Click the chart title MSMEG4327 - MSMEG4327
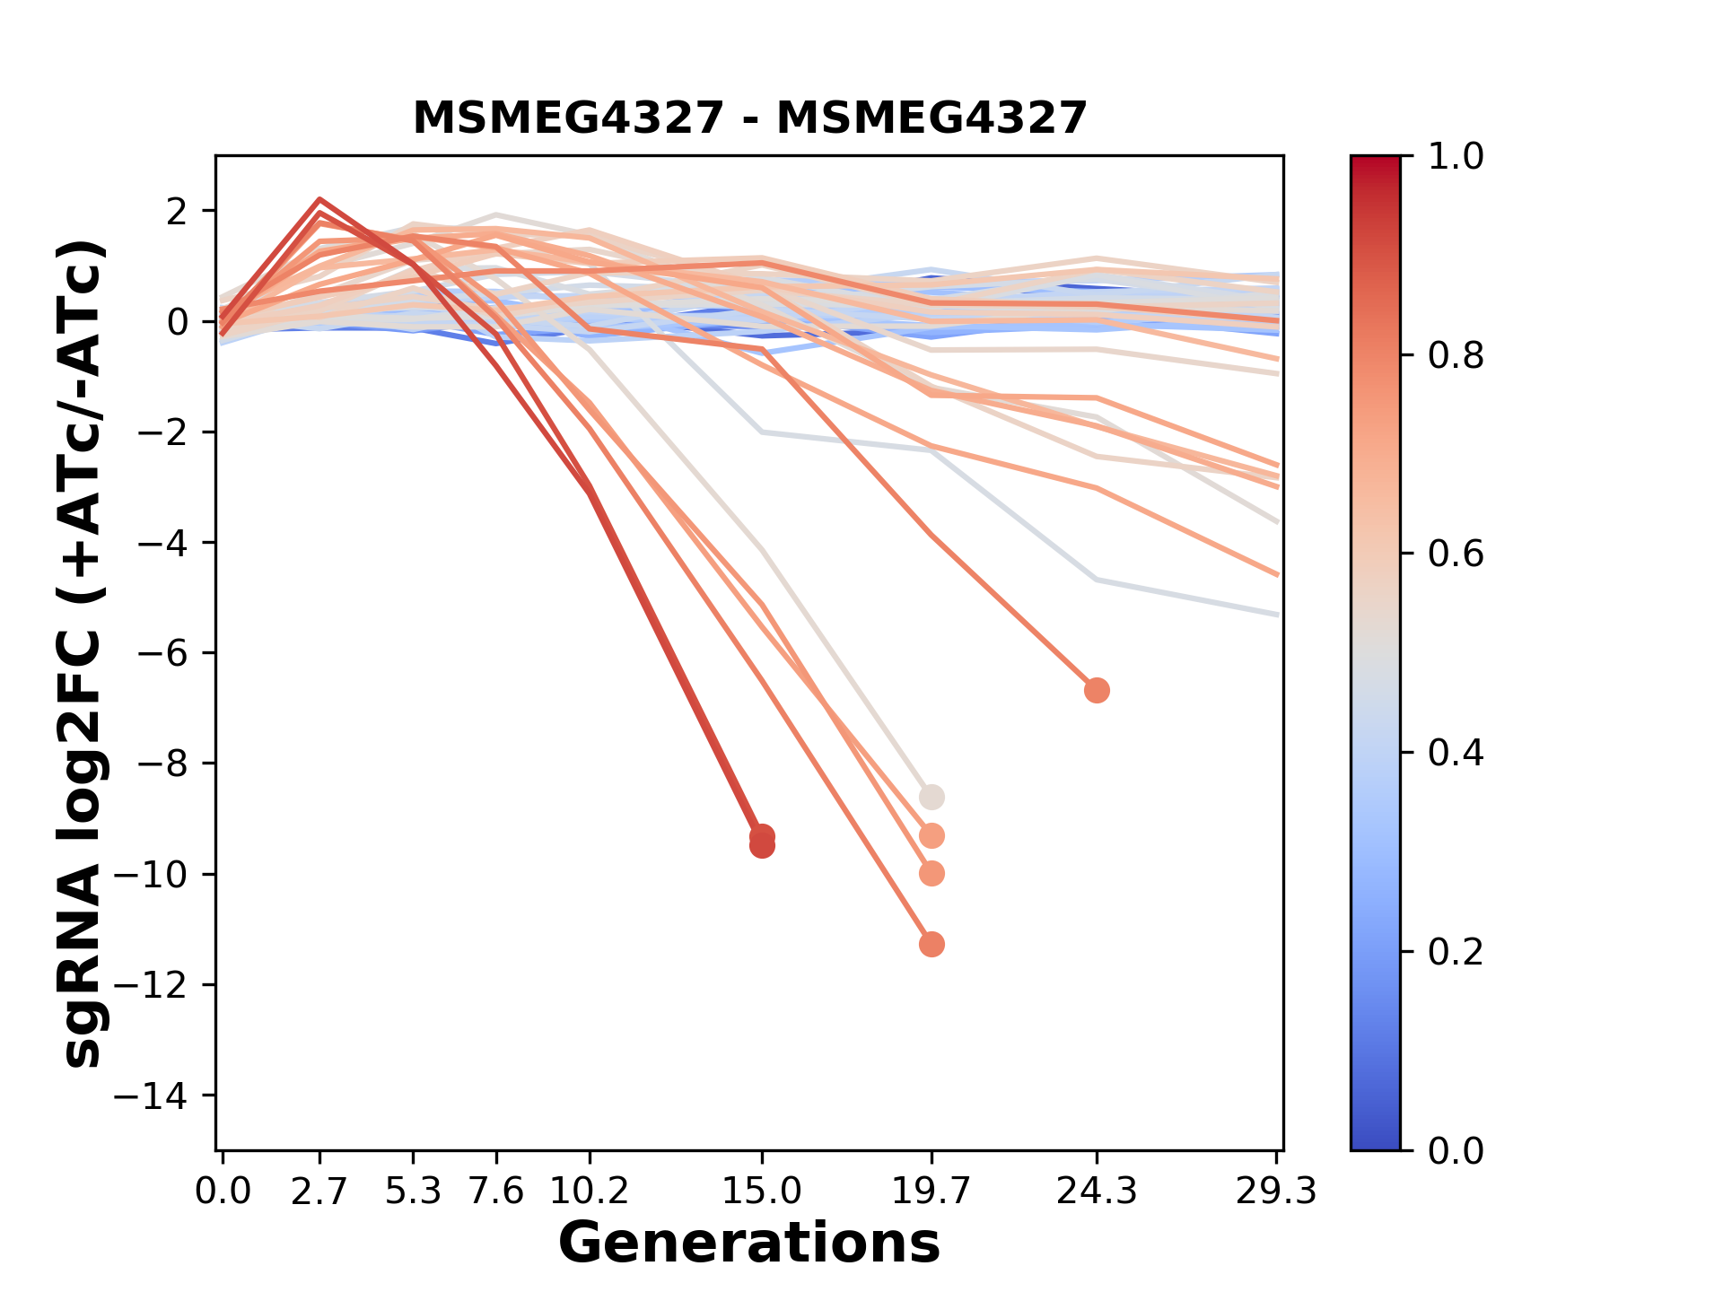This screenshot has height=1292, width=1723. [749, 118]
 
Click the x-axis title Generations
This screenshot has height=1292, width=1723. [749, 1244]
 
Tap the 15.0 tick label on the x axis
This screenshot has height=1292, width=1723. [762, 1192]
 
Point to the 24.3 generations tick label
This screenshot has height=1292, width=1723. [1096, 1192]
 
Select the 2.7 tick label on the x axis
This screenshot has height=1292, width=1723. [319, 1192]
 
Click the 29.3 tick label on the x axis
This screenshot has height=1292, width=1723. [1276, 1192]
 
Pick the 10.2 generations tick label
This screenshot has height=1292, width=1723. [589, 1192]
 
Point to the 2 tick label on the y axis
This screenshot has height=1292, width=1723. [178, 211]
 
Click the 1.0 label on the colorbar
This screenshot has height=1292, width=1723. [1455, 157]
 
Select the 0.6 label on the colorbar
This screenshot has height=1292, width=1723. [1455, 554]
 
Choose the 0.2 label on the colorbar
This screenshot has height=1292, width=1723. [1455, 952]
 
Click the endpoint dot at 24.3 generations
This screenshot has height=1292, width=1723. [1096, 691]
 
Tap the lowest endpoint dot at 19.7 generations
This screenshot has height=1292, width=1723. [931, 945]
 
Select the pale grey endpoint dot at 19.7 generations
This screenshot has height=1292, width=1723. [931, 797]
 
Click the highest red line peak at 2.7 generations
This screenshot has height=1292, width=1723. [319, 199]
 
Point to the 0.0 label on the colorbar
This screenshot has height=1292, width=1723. [1455, 1150]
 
